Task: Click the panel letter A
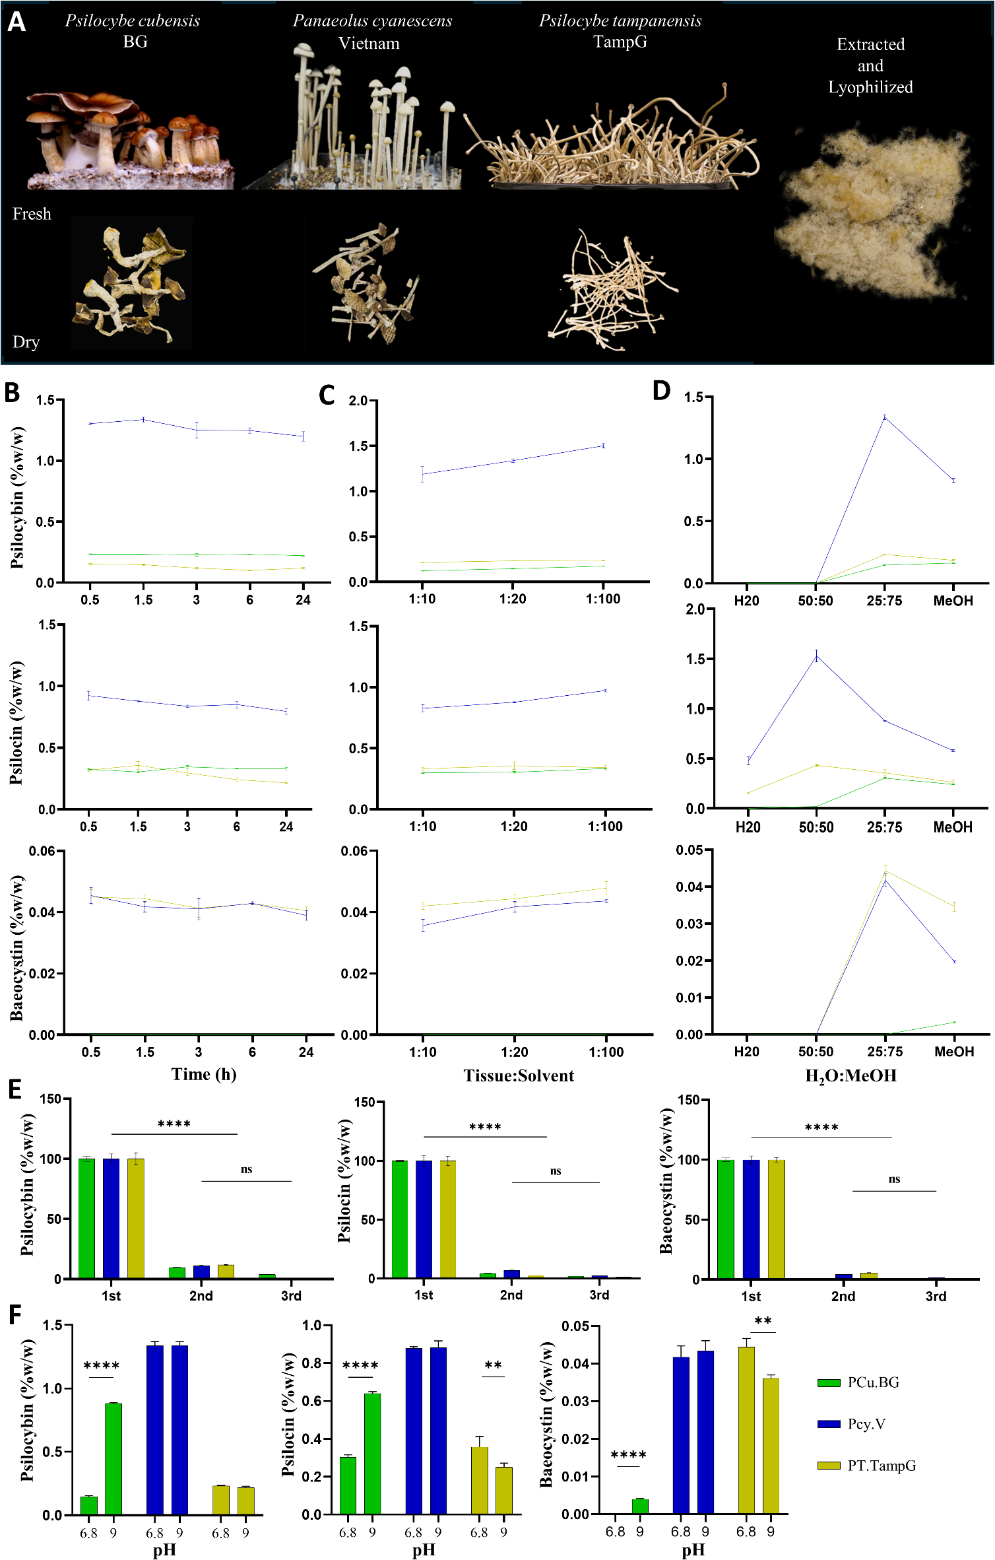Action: (16, 22)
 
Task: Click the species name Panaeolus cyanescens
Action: (372, 21)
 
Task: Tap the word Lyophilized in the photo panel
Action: (870, 87)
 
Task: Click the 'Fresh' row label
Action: (32, 214)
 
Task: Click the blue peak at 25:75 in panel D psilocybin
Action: (884, 417)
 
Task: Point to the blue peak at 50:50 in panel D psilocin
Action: (816, 656)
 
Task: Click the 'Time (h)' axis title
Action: (204, 1074)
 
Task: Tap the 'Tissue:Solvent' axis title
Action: (519, 1075)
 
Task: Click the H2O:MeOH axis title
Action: (851, 1075)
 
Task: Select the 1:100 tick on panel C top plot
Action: (603, 599)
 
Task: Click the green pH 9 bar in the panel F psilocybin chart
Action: (113, 1459)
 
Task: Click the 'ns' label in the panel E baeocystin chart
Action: (894, 1179)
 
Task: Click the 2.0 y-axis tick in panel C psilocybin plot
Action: (358, 401)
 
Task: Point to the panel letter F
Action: (15, 1314)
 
